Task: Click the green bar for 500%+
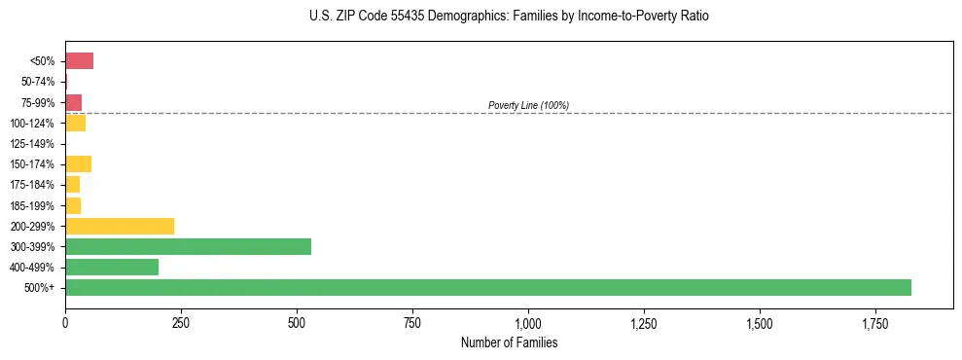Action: tap(487, 287)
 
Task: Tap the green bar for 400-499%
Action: tap(112, 267)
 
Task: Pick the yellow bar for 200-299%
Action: tap(120, 226)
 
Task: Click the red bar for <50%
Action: tap(79, 61)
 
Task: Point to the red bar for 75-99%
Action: tap(73, 102)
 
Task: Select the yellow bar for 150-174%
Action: tap(78, 163)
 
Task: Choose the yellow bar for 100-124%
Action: tap(75, 123)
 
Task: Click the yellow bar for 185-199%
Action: tap(73, 205)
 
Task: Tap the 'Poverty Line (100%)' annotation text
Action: tap(528, 105)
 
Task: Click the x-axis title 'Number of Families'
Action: tap(509, 342)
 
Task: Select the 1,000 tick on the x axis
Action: tap(528, 323)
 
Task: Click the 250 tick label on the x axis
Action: tap(181, 323)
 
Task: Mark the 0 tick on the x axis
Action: tap(65, 323)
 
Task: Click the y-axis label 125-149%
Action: tap(32, 144)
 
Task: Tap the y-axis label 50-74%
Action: tap(36, 82)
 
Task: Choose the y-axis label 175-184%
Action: tap(32, 185)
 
